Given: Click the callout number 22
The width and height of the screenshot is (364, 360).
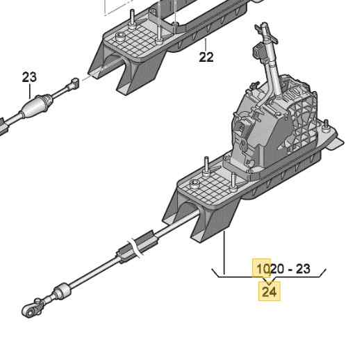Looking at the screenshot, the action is [x=206, y=57].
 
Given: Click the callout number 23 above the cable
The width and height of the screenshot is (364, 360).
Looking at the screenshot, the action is [x=29, y=77].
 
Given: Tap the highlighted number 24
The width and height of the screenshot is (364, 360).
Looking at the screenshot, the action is [x=270, y=292].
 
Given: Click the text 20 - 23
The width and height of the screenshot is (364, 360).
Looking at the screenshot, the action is [x=290, y=269].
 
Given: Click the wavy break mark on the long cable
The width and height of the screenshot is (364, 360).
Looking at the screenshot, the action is [x=136, y=249].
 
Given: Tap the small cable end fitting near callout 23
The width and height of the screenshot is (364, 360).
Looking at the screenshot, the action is [x=74, y=83].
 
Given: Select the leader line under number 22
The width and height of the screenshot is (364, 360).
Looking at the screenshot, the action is [x=206, y=44].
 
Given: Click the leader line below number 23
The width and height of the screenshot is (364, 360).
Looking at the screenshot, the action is [x=30, y=91].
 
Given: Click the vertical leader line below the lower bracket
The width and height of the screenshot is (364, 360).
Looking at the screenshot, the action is [x=224, y=252].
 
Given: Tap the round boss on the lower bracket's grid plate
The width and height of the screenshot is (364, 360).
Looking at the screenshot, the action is [x=195, y=185].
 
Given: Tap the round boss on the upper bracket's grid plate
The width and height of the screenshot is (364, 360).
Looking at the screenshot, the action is [x=120, y=36].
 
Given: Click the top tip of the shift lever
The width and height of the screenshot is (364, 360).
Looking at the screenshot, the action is [x=264, y=24].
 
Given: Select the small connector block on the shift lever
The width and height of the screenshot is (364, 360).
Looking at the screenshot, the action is [x=258, y=51].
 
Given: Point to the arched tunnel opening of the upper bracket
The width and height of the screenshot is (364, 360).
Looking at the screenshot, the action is [x=114, y=64].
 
